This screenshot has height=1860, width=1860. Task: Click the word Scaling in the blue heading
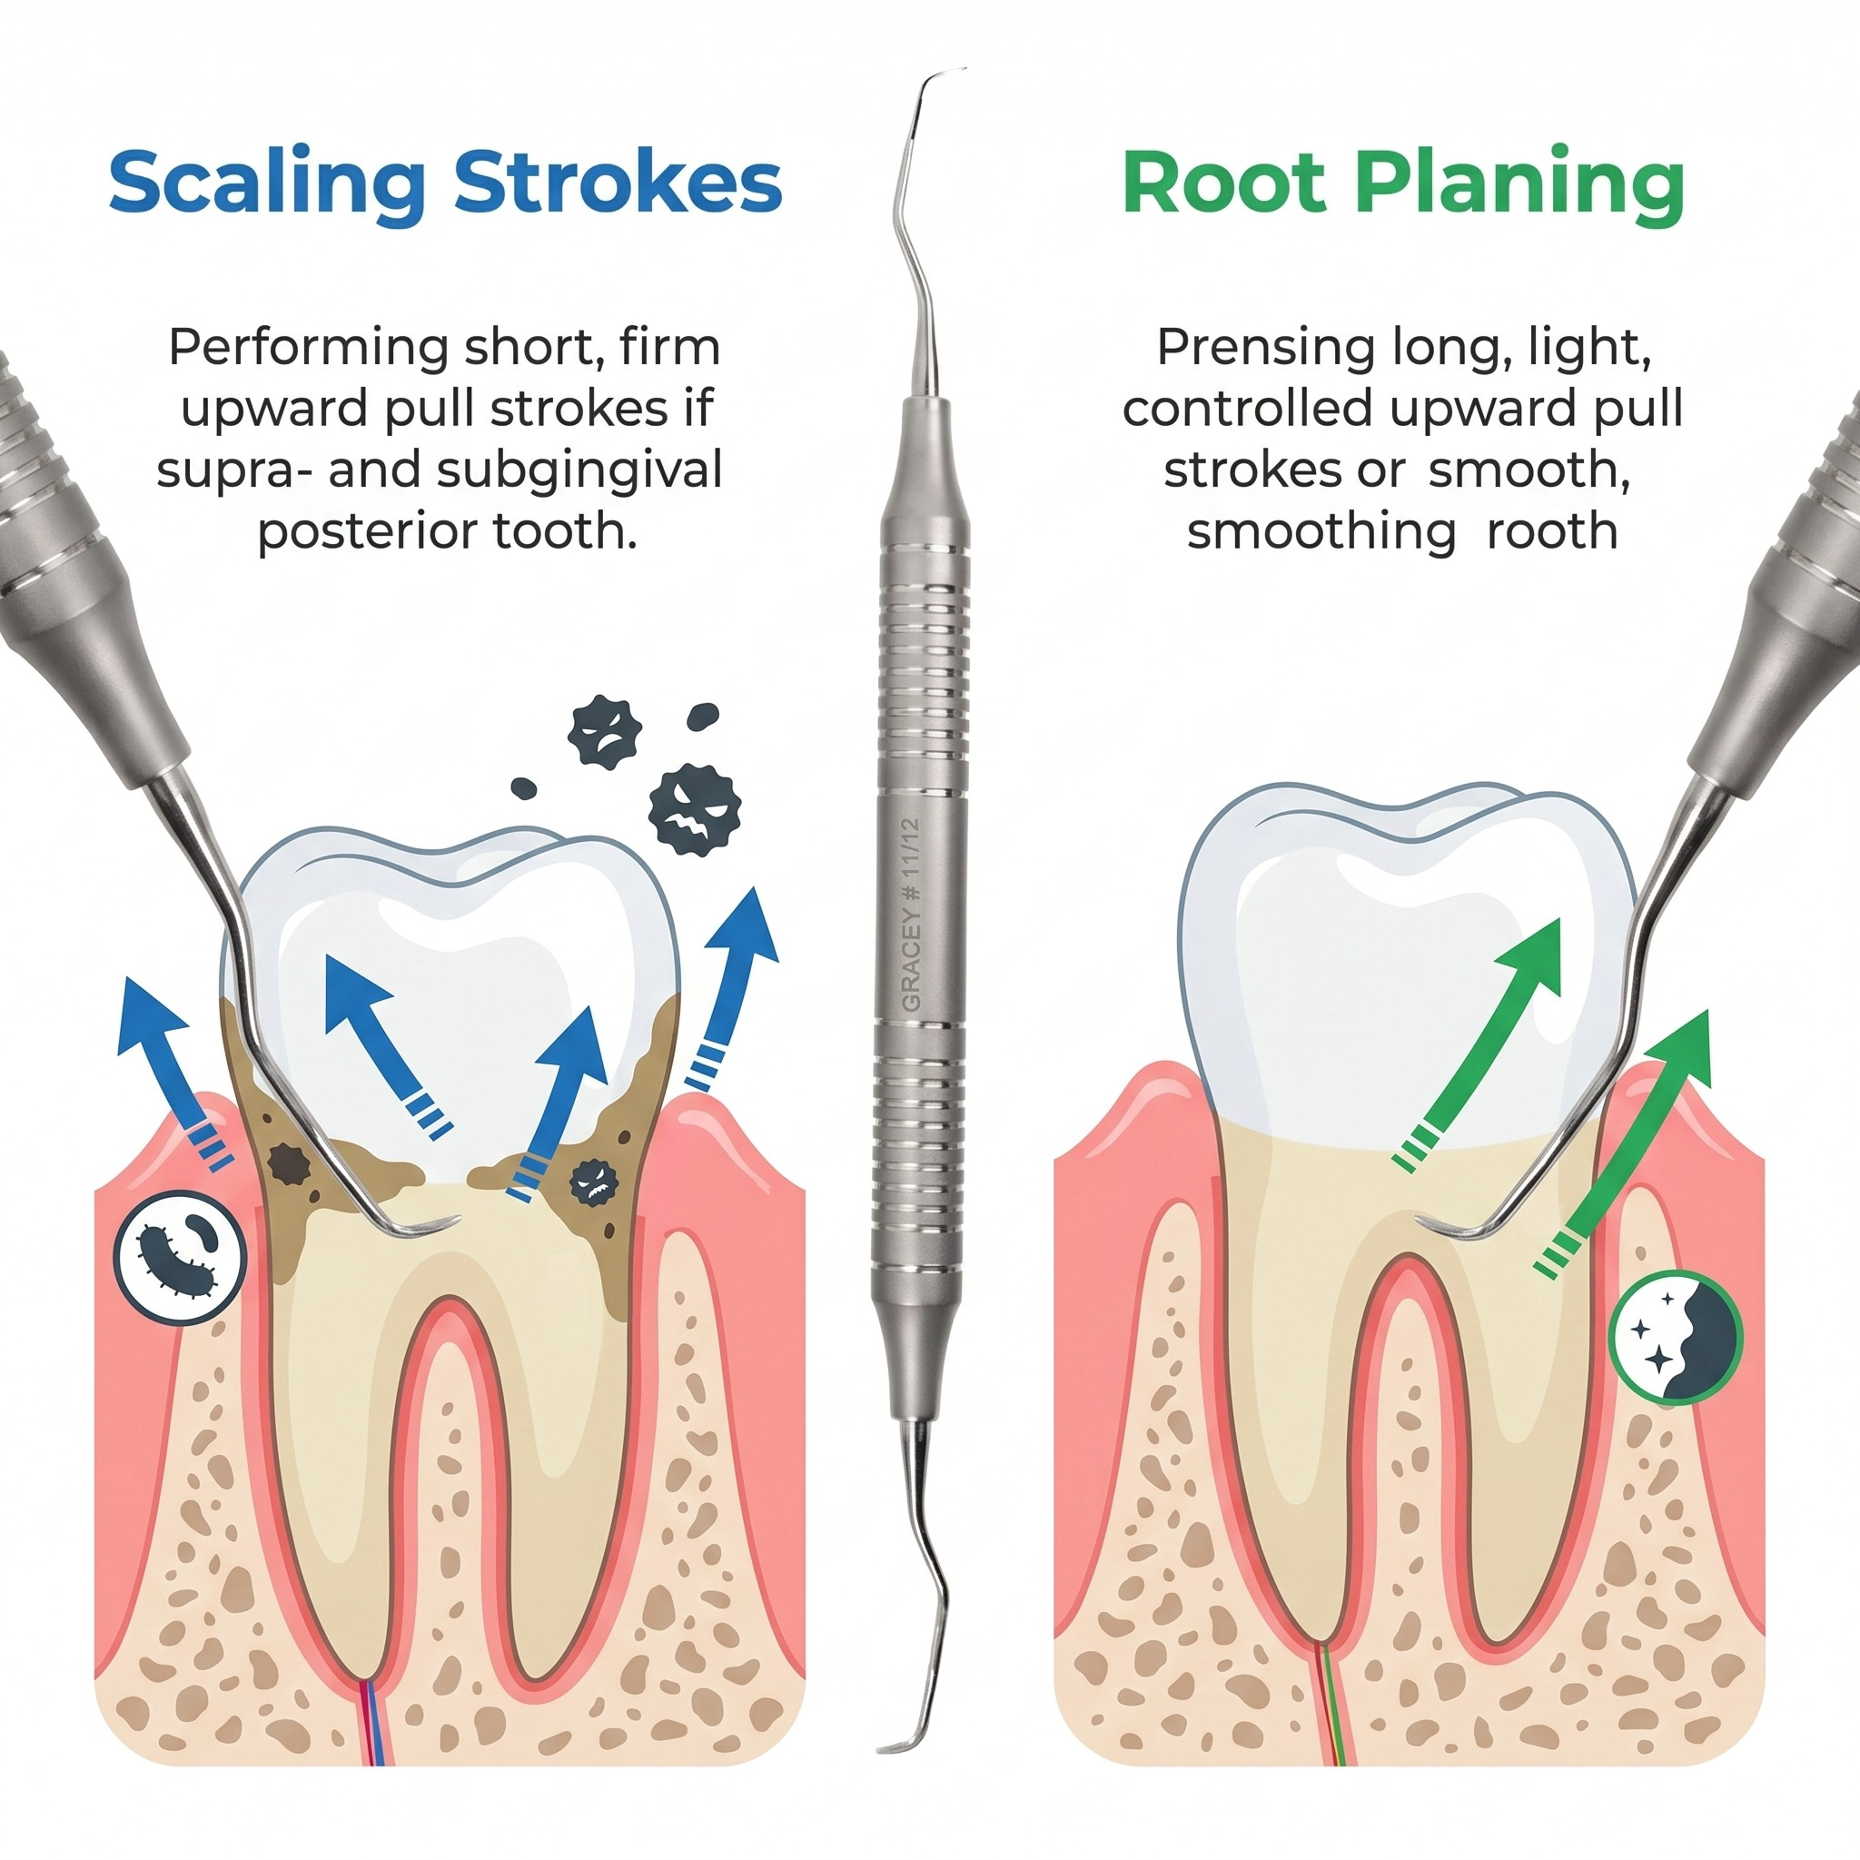[267, 183]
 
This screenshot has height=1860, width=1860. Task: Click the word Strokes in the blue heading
[617, 181]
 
